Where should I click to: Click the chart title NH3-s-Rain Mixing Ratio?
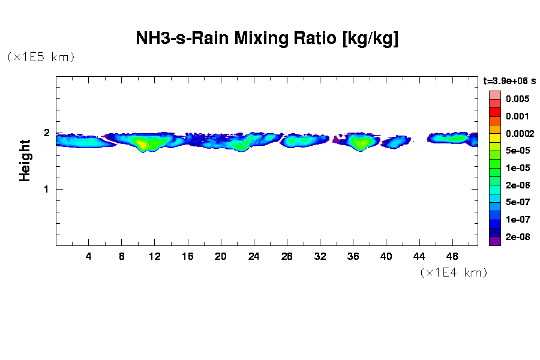click(x=267, y=39)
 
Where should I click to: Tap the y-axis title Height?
click(x=25, y=160)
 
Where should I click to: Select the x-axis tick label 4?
click(x=89, y=256)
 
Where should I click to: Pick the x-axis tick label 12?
click(x=155, y=256)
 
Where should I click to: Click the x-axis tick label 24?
click(x=254, y=256)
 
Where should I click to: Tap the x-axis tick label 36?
click(x=353, y=256)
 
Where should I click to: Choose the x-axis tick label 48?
click(x=452, y=256)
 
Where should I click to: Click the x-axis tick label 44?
click(x=419, y=256)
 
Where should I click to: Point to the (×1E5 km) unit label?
click(x=40, y=58)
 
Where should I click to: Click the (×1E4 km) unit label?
click(x=453, y=273)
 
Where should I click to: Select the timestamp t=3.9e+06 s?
click(x=509, y=80)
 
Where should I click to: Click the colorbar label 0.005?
click(x=517, y=99)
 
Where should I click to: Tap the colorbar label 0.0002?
click(x=520, y=133)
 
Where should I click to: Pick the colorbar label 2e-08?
click(x=517, y=237)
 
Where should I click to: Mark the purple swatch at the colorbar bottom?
click(x=495, y=241)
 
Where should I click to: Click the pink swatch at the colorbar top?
click(x=495, y=95)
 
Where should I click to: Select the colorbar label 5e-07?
click(x=517, y=202)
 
